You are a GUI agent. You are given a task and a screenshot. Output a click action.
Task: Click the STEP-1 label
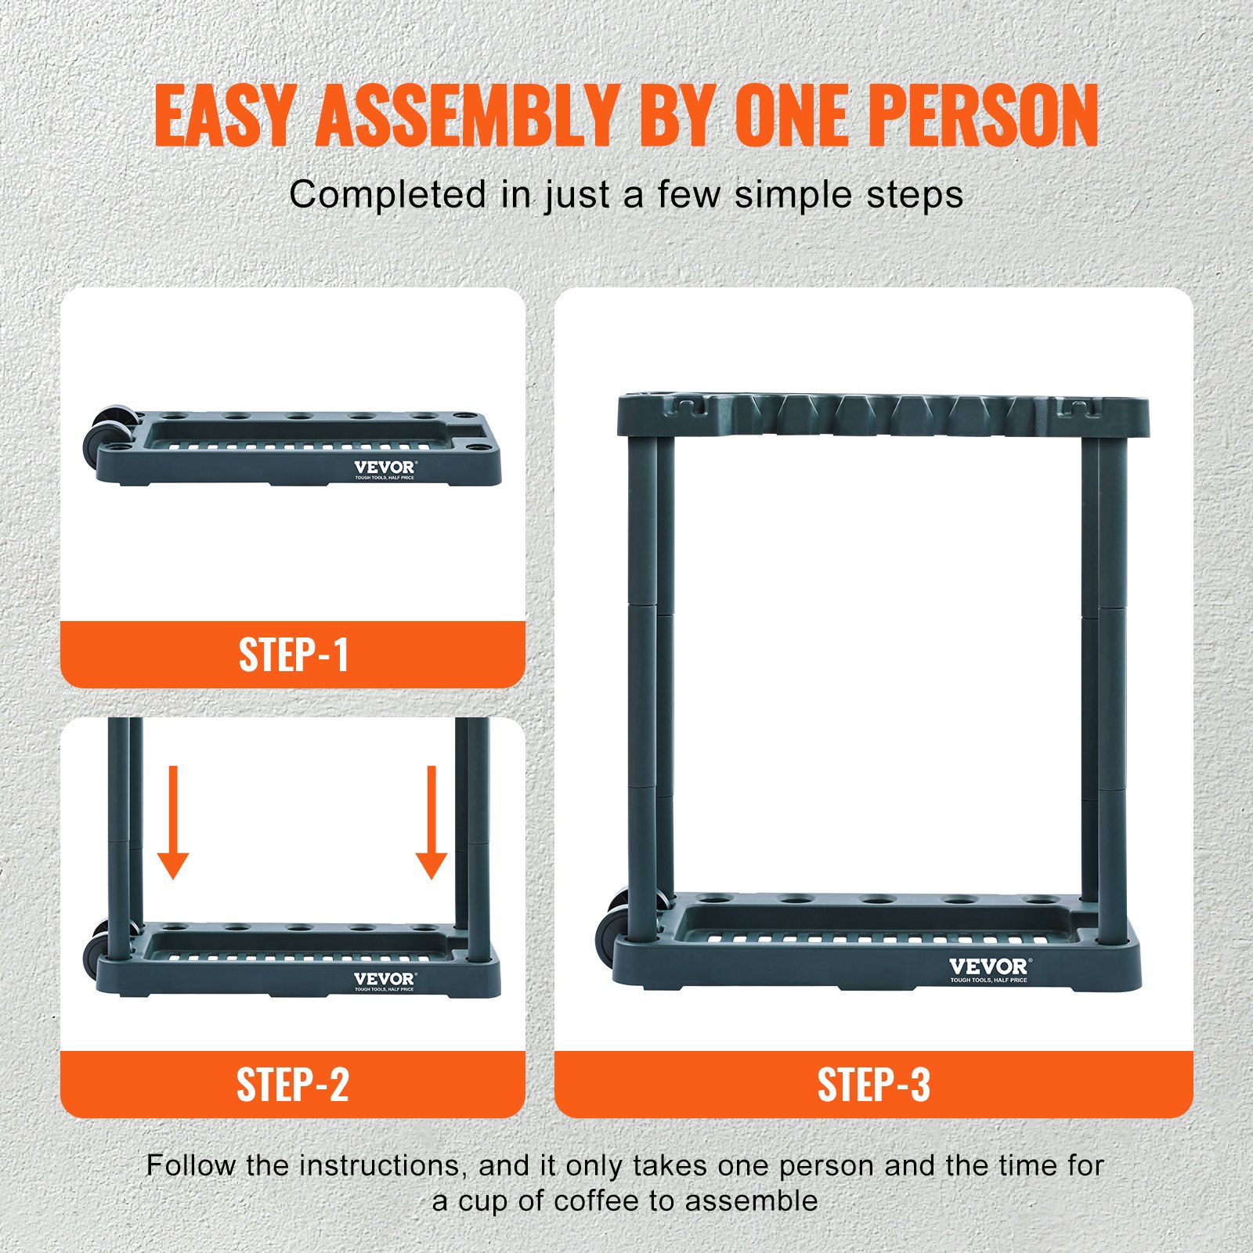point(293,655)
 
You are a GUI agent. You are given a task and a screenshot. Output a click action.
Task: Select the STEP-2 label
point(293,1085)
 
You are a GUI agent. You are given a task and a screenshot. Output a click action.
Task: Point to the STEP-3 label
point(873,1085)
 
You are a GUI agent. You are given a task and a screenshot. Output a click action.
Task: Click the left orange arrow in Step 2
point(173,822)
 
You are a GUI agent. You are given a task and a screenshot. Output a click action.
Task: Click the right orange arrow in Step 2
point(431,822)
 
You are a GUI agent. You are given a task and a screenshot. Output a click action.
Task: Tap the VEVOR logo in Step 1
point(385,468)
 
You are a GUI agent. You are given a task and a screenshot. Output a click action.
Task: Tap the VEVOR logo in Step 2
point(385,980)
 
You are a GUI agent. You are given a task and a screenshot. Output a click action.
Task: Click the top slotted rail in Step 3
point(883,415)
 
